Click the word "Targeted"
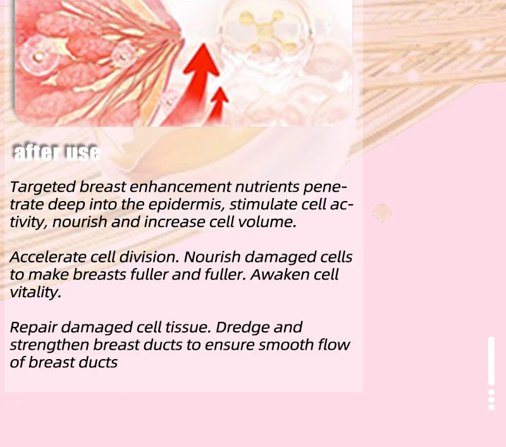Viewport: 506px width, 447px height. point(42,187)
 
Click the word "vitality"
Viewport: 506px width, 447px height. point(35,292)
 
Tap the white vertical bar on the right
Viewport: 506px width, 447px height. point(491,361)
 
